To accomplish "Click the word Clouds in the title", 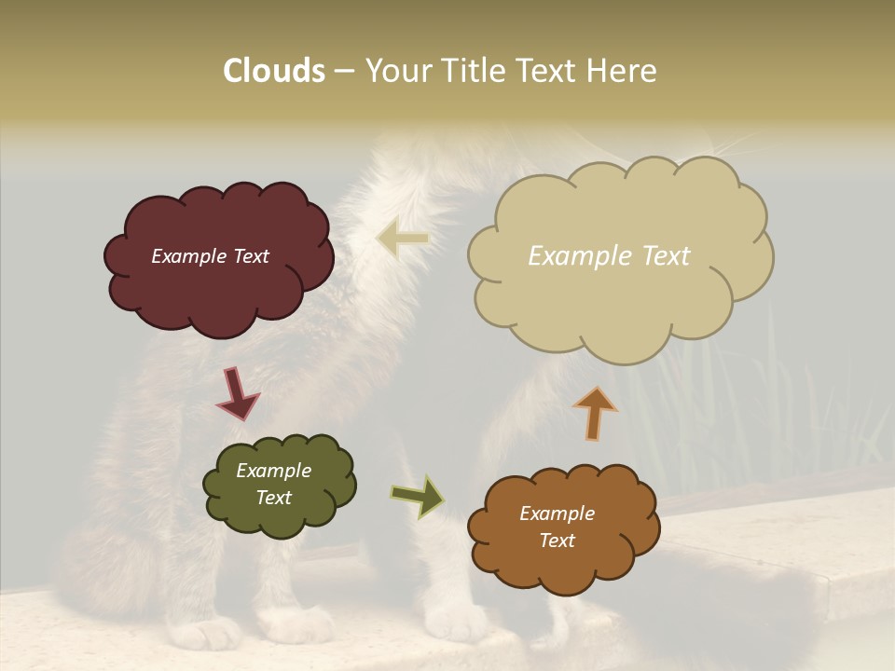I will pos(274,71).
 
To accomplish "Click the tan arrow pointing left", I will pos(403,240).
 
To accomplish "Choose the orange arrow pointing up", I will pos(595,413).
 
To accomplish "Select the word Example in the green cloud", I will pos(273,471).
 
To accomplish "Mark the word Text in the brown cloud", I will pos(557,541).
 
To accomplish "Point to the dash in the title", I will pos(344,72).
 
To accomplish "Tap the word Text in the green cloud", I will pos(273,498).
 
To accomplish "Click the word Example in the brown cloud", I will pos(557,514).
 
